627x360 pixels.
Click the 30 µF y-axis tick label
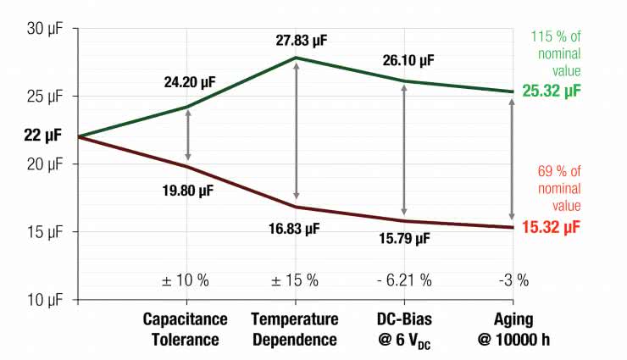[42, 28]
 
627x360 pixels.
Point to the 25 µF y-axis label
[42, 96]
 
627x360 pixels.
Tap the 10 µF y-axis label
[42, 299]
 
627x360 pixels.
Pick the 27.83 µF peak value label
[296, 40]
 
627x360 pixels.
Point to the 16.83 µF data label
[295, 229]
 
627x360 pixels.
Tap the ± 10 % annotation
[186, 280]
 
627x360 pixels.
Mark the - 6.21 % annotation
[403, 280]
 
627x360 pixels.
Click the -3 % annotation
[511, 280]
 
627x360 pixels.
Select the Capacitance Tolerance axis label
[186, 330]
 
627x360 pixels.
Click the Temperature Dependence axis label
[295, 330]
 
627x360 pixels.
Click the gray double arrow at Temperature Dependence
[296, 131]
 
